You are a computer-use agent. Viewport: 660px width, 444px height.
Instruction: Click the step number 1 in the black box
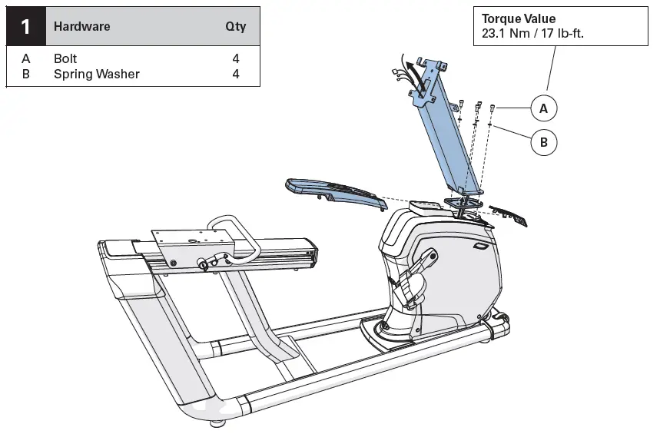[x=25, y=27]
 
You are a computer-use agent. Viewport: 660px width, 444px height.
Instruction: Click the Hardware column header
[x=81, y=27]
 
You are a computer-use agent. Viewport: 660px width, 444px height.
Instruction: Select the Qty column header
[x=235, y=27]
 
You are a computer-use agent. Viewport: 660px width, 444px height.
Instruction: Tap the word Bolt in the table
[x=65, y=59]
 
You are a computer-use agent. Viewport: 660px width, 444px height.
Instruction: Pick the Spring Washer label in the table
[x=96, y=75]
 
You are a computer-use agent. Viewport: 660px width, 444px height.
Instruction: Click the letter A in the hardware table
[x=25, y=59]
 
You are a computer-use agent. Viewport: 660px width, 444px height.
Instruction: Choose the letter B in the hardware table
[x=25, y=75]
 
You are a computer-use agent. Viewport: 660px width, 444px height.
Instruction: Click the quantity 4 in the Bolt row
[x=236, y=59]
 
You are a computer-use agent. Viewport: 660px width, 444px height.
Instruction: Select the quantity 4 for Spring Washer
[x=236, y=75]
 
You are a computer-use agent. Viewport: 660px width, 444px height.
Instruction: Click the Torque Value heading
[x=519, y=19]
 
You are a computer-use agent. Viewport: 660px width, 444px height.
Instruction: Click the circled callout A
[x=543, y=109]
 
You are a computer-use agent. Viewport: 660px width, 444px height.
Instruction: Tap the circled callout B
[x=543, y=142]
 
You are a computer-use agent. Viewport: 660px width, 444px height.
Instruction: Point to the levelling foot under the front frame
[x=219, y=423]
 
